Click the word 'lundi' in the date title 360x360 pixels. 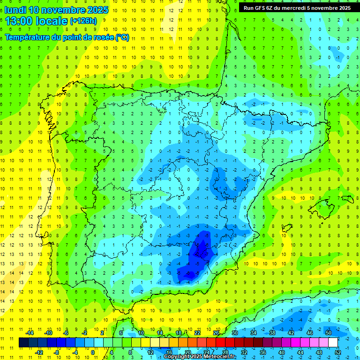(15, 10)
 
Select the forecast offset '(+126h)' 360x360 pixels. (83, 21)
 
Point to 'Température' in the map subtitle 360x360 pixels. (28, 37)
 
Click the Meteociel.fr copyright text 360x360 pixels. (199, 357)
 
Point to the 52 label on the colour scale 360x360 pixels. (338, 352)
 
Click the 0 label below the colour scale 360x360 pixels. (92, 352)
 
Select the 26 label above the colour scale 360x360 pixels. (216, 333)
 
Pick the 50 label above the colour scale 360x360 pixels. (329, 333)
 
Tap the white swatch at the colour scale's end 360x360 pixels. (333, 343)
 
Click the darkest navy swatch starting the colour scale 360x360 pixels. (23, 343)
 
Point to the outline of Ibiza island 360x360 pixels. (287, 229)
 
